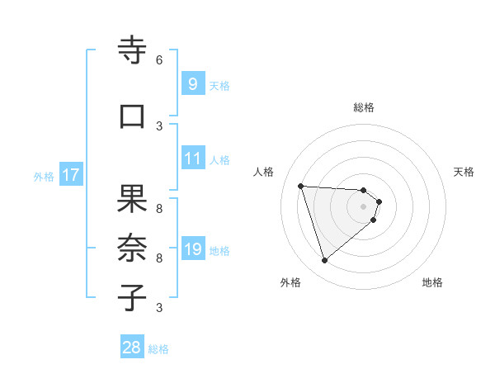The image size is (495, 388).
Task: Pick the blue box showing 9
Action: pyautogui.click(x=191, y=83)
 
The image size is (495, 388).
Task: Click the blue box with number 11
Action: pyautogui.click(x=191, y=159)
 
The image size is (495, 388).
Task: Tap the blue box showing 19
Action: pyautogui.click(x=191, y=249)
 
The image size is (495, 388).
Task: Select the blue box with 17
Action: pyautogui.click(x=70, y=175)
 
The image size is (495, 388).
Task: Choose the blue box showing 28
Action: pyautogui.click(x=132, y=348)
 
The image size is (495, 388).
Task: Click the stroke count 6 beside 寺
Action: pyautogui.click(x=159, y=60)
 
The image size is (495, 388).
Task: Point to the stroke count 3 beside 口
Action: pyautogui.click(x=159, y=125)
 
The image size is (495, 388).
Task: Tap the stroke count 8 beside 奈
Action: pyautogui.click(x=159, y=258)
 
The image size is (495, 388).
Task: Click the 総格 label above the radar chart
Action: pyautogui.click(x=363, y=107)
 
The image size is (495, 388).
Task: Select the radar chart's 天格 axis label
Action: pyautogui.click(x=464, y=172)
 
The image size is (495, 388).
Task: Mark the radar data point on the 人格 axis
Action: pyautogui.click(x=301, y=186)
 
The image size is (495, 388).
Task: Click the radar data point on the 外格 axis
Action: pyautogui.click(x=325, y=261)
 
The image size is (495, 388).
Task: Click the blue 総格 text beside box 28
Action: pyautogui.click(x=158, y=349)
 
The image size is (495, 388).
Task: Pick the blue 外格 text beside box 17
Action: pyautogui.click(x=44, y=177)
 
